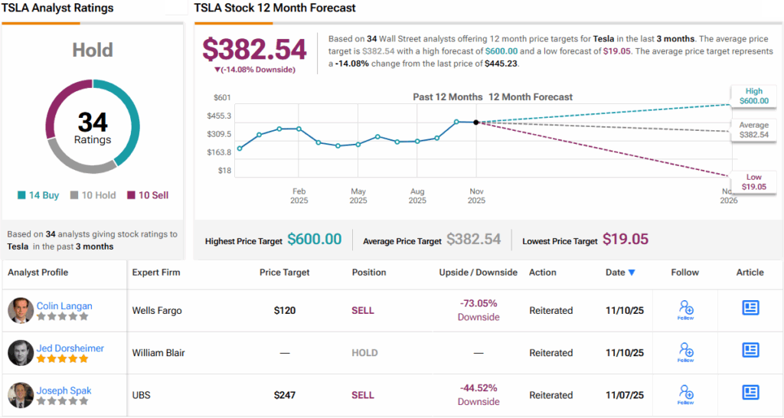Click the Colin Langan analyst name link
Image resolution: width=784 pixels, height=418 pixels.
coord(64,305)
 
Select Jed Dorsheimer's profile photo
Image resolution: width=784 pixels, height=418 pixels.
coord(21,353)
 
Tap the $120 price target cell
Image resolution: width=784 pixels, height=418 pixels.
coord(285,311)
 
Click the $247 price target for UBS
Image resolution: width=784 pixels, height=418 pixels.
coord(285,395)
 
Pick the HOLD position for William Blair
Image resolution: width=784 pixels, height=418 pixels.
coord(364,353)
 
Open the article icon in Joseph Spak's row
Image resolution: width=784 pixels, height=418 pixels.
coord(750,393)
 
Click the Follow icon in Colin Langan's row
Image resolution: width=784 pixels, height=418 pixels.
coord(685,309)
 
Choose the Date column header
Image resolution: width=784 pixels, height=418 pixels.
coord(620,272)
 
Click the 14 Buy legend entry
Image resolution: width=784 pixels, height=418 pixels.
coord(38,195)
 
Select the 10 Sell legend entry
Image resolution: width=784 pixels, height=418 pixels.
coord(148,195)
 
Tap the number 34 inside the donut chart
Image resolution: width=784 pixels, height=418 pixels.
coord(93,122)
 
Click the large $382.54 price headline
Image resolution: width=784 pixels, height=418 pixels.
coord(254,50)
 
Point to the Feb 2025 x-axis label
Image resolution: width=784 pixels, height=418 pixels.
coord(299,195)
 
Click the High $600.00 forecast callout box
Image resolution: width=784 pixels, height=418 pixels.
coord(753,96)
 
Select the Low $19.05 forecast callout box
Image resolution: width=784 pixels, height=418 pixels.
coord(753,181)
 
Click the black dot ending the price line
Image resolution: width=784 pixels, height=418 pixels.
coord(476,122)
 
